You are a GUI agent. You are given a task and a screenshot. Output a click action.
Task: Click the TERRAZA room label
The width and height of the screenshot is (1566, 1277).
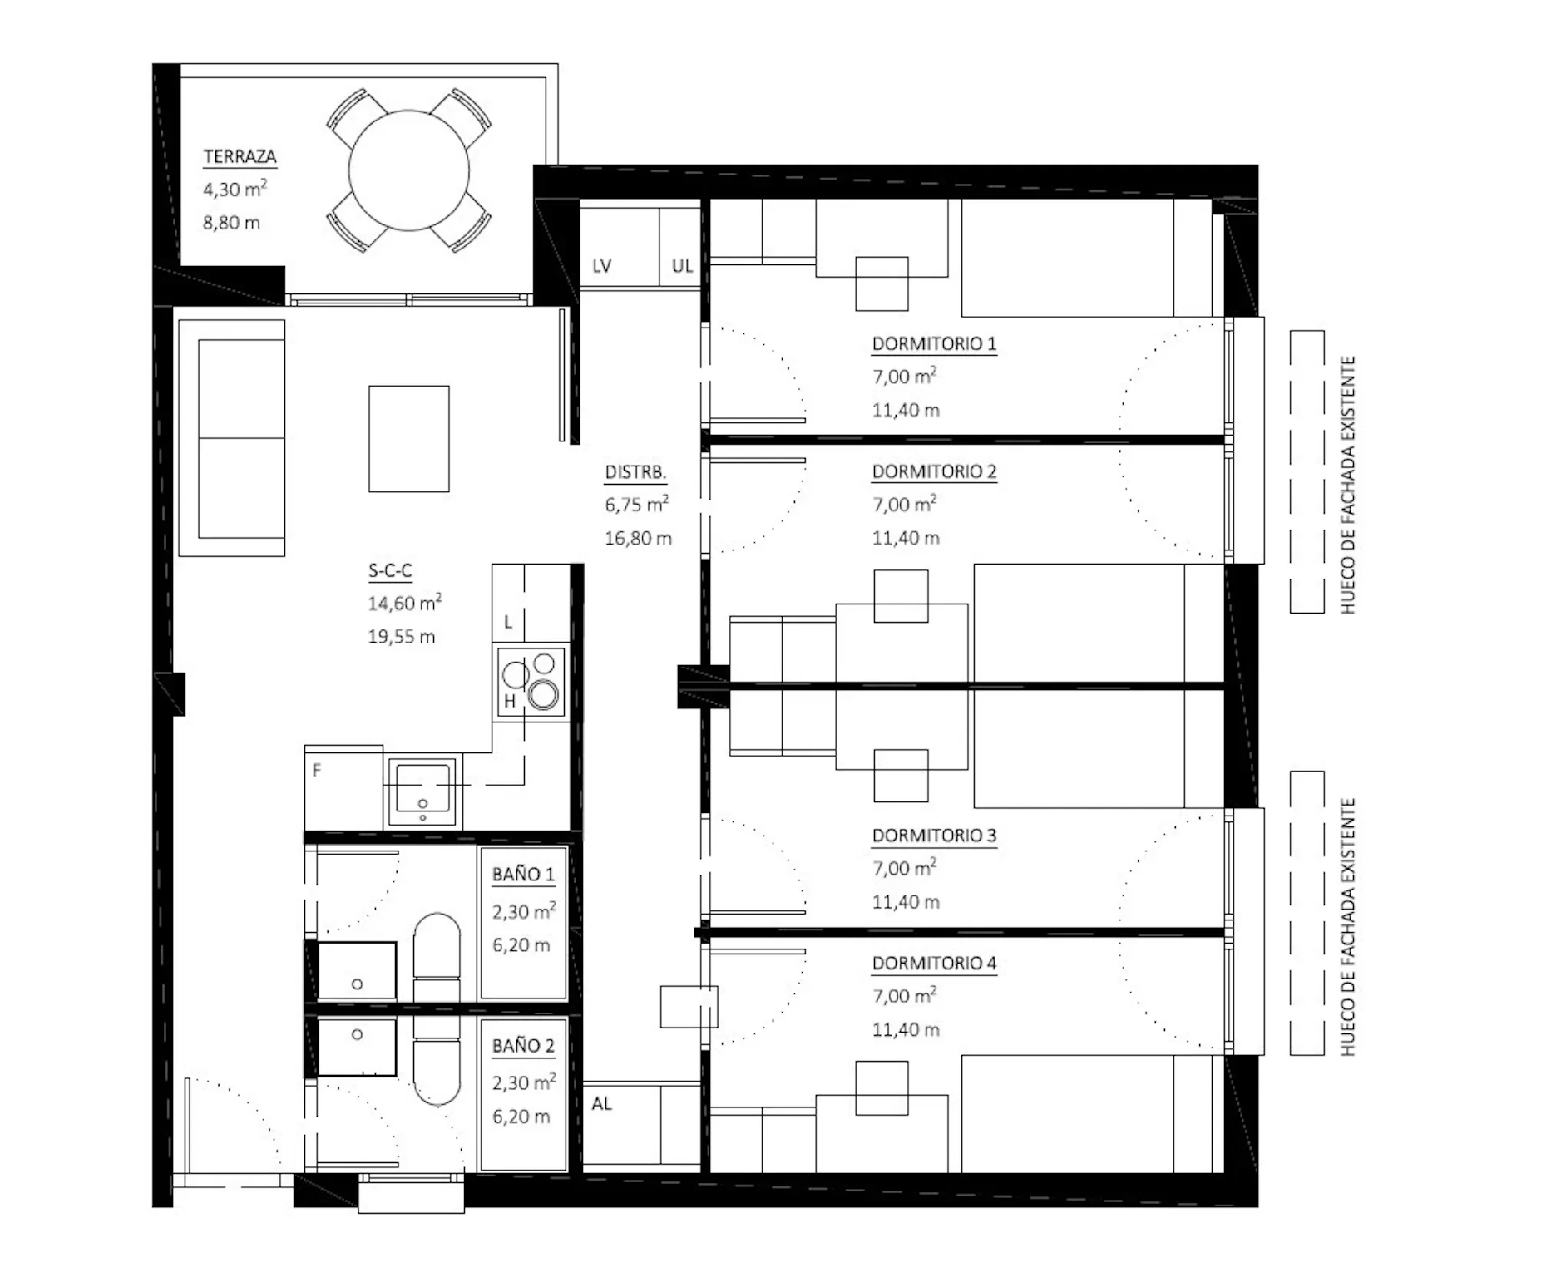point(240,156)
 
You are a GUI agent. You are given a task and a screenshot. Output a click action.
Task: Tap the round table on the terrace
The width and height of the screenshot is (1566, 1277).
point(409,171)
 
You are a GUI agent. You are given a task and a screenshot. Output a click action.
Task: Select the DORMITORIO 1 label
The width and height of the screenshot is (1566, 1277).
point(934,343)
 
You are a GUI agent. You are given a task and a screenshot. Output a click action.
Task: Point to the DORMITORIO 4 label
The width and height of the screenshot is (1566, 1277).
point(934,963)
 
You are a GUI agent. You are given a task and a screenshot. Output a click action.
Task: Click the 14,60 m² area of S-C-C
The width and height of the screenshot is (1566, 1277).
point(404,603)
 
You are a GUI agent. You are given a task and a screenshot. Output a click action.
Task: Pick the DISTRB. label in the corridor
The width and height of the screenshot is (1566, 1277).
point(635,472)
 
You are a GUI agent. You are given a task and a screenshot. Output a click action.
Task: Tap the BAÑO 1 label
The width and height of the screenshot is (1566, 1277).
point(523,875)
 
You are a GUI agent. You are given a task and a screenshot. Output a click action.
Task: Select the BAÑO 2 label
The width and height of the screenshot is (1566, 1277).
point(523,1046)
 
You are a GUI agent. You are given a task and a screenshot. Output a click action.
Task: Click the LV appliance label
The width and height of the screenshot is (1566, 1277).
point(602,266)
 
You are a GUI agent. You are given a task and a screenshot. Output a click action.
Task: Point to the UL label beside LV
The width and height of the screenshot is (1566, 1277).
point(682,266)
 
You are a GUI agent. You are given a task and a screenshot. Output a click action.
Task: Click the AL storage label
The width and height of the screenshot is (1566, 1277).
point(602,1103)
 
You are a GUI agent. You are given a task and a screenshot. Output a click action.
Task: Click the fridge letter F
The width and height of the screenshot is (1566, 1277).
point(316,771)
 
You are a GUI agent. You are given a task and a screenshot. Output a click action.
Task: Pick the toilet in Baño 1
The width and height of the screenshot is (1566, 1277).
point(437,956)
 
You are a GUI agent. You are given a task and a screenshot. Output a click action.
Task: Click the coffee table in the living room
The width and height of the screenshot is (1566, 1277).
point(409,438)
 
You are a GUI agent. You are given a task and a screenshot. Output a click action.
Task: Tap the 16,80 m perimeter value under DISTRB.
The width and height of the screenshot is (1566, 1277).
point(638,538)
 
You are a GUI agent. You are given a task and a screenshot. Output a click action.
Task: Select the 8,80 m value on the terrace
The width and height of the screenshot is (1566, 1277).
point(231,223)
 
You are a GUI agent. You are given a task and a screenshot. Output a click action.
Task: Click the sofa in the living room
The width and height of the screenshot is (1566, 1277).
point(232,438)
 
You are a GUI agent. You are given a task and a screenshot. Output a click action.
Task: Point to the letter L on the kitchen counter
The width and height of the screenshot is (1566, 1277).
point(508,622)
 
